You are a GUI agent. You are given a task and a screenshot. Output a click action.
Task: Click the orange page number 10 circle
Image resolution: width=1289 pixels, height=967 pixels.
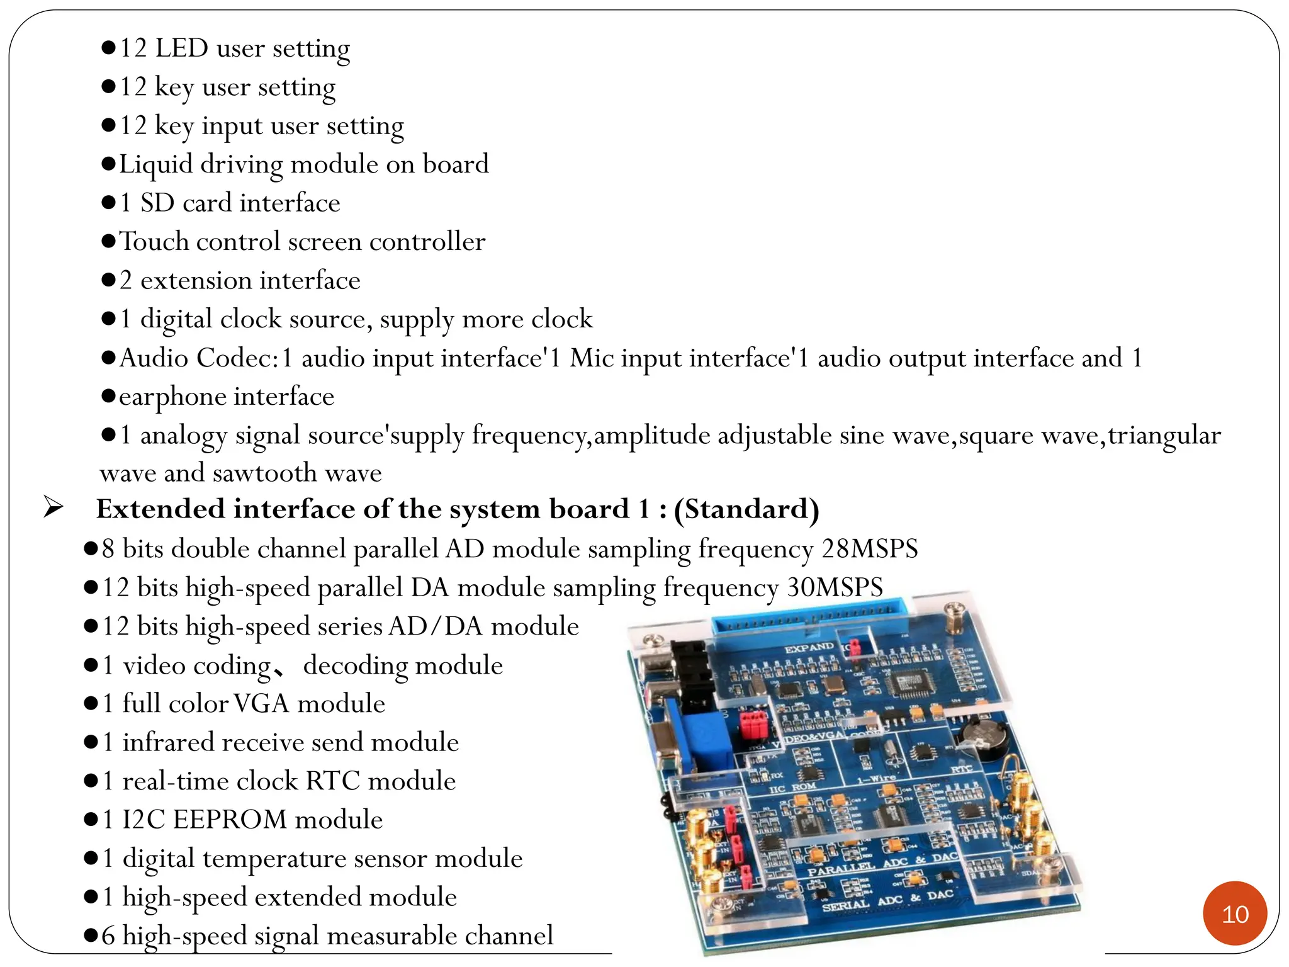click(x=1234, y=913)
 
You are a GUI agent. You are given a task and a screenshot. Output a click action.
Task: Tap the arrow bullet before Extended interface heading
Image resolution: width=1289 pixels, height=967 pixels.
click(x=53, y=507)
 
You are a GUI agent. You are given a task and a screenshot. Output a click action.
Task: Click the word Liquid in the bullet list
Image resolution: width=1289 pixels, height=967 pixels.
click(x=156, y=164)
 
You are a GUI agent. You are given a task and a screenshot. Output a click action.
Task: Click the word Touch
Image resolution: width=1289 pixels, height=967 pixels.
click(x=154, y=242)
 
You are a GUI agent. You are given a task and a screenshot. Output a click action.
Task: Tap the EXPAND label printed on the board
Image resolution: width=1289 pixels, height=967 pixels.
click(x=809, y=648)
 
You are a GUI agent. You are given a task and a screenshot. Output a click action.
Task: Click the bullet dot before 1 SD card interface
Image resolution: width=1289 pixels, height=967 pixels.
click(x=108, y=203)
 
